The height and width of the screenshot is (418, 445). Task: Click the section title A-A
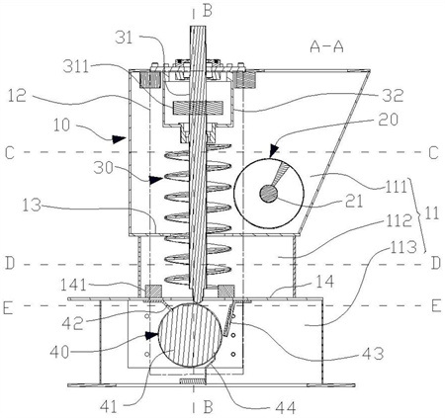tap(326, 47)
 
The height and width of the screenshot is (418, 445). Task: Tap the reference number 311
tap(76, 67)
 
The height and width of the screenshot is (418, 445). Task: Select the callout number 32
tap(393, 96)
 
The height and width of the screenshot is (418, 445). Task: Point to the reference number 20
tap(389, 120)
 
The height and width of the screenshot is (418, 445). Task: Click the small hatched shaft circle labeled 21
tap(269, 193)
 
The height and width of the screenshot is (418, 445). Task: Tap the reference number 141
tap(73, 285)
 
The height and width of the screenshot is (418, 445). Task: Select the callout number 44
tap(285, 408)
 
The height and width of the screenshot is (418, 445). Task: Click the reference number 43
tap(374, 354)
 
